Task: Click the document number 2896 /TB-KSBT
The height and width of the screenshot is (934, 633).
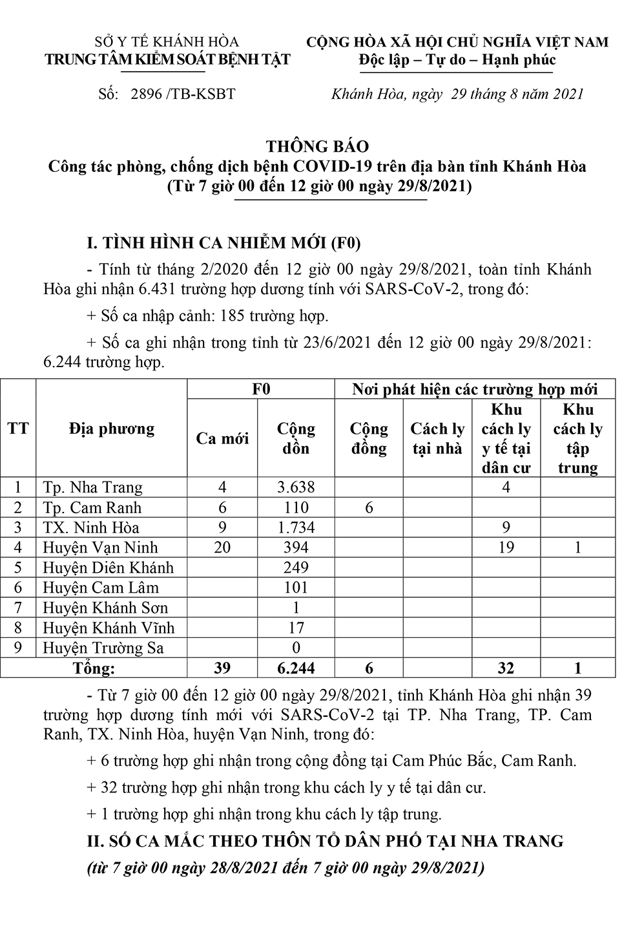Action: tap(183, 94)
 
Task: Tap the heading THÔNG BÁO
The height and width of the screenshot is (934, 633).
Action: tap(317, 146)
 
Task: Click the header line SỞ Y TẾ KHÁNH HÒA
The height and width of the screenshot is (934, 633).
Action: tap(167, 42)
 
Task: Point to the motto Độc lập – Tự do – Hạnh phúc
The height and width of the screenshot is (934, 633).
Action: tap(457, 60)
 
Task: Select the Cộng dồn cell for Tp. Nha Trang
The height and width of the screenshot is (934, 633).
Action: tap(296, 487)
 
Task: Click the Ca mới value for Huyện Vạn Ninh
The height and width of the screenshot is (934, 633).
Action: tap(222, 547)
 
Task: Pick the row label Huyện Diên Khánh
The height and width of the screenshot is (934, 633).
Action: tap(109, 568)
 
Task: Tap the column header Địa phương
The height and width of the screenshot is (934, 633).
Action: tap(112, 429)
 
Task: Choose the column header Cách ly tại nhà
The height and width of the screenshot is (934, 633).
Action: tap(437, 438)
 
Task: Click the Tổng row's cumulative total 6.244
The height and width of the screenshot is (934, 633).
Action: tap(296, 668)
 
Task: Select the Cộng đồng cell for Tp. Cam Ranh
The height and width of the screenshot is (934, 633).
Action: tap(369, 507)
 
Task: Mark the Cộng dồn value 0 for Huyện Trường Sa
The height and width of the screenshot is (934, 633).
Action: tap(296, 648)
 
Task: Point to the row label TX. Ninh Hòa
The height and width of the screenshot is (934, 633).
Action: tap(91, 527)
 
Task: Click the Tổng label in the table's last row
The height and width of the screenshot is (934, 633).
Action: tap(94, 668)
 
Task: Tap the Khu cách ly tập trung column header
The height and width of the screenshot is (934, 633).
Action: tap(577, 438)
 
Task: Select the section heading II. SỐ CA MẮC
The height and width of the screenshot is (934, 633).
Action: tap(326, 841)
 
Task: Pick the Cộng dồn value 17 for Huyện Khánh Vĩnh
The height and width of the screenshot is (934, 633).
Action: tap(296, 628)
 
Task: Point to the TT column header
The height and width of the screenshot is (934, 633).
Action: tap(18, 429)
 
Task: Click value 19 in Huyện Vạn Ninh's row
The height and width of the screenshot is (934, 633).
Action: tap(506, 547)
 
